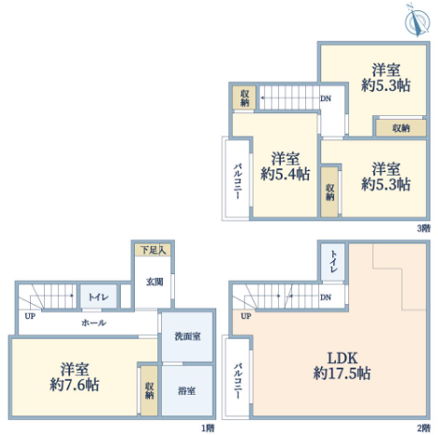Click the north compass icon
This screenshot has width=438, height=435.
pyautogui.click(x=417, y=20)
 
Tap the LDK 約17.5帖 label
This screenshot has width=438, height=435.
pyautogui.click(x=342, y=366)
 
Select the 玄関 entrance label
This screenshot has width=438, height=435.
pyautogui.click(x=154, y=282)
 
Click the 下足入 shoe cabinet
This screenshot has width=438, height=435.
pyautogui.click(x=153, y=250)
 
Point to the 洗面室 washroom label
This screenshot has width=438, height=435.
pyautogui.click(x=187, y=336)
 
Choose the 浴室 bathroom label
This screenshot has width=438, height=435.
pyautogui.click(x=187, y=390)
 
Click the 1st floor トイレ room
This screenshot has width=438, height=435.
pyautogui.click(x=98, y=297)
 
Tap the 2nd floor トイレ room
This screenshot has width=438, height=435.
pyautogui.click(x=333, y=262)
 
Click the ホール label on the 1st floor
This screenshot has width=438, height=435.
pyautogui.click(x=94, y=323)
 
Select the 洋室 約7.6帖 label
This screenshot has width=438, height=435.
pyautogui.click(x=75, y=377)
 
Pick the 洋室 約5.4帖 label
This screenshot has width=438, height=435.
pyautogui.click(x=285, y=167)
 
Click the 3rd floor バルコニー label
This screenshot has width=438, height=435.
pyautogui.click(x=238, y=181)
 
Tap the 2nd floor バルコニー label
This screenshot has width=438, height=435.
pyautogui.click(x=238, y=381)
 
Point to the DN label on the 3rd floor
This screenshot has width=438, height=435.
pyautogui.click(x=326, y=98)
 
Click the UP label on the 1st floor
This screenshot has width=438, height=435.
pyautogui.click(x=30, y=316)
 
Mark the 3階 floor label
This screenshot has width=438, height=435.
pyautogui.click(x=424, y=228)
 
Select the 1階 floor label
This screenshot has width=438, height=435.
pyautogui.click(x=208, y=428)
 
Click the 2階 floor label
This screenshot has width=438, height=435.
pyautogui.click(x=424, y=428)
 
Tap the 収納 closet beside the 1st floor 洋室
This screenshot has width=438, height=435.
pyautogui.click(x=149, y=390)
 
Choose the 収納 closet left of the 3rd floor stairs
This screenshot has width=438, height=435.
pyautogui.click(x=244, y=97)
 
